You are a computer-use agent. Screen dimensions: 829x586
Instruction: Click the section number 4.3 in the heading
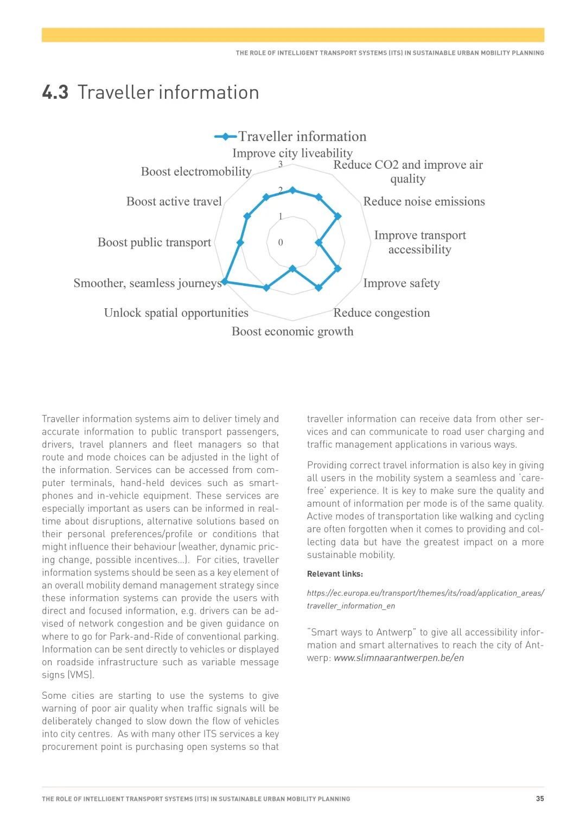point(55,93)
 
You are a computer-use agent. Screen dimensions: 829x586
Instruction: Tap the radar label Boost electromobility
point(196,172)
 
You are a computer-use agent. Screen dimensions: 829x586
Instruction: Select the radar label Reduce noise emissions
point(424,202)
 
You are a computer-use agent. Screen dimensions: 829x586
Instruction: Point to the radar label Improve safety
point(401,283)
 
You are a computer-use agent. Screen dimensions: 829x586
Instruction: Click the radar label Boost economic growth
point(292,331)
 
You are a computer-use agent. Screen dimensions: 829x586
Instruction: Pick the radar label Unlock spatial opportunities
point(176,313)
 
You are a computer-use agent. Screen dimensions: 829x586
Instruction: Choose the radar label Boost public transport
point(154,243)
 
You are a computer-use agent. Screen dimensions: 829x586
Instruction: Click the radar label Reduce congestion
point(381,313)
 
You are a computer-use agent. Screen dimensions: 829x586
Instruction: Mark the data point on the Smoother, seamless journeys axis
point(225,282)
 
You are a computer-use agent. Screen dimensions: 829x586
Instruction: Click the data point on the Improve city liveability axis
point(293,190)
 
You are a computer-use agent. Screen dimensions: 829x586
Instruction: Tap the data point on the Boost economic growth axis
point(293,268)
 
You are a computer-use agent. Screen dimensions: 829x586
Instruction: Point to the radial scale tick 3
point(281,164)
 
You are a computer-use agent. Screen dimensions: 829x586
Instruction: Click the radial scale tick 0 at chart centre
point(281,243)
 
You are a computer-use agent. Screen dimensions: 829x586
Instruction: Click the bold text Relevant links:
point(335,574)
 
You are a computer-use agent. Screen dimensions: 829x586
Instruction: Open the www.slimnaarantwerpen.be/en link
point(399,658)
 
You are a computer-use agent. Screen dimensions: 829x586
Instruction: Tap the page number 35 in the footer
point(540,799)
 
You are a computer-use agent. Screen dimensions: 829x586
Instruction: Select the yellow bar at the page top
point(293,35)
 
